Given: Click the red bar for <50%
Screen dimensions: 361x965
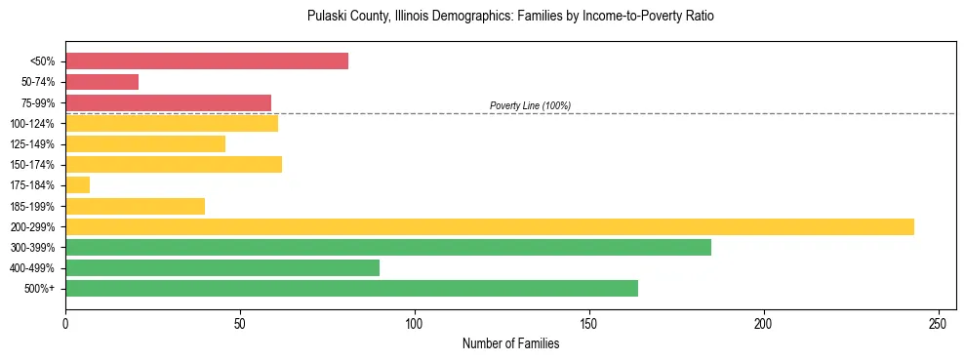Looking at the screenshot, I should coord(207,61).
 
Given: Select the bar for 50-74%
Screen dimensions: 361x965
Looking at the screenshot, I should coord(101,82).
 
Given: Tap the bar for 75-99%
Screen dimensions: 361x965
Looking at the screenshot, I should coord(168,102).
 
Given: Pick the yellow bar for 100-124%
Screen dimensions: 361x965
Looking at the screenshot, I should coord(172,123).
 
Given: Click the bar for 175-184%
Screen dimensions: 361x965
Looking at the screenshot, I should coord(77,185).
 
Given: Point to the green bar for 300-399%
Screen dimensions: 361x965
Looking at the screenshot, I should coord(388,248).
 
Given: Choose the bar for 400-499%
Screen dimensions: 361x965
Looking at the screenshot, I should coord(222,268).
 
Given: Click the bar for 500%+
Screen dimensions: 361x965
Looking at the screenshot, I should coord(351,289).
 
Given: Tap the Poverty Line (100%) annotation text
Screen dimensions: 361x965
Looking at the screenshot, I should coord(530,105).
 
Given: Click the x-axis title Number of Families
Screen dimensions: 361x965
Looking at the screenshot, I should coord(510,343).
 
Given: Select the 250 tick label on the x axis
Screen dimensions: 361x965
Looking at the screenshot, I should coord(938,322).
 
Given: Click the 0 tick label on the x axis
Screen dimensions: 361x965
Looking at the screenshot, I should coord(65,322).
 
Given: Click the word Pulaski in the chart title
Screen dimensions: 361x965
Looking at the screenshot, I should coord(326,17).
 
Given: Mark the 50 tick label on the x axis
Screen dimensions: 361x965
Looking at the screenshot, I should coord(240,322).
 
